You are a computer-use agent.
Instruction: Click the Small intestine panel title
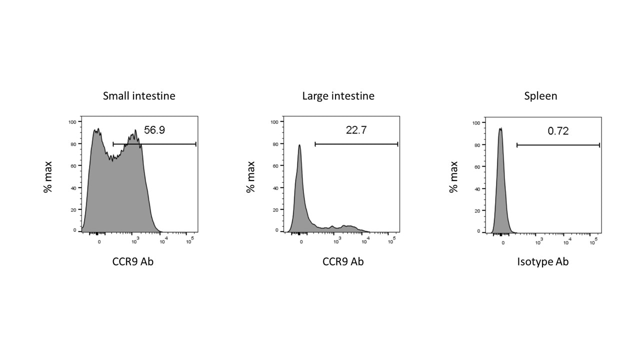139,96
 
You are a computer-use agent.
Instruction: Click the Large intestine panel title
338,96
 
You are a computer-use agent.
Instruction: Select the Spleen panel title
540,96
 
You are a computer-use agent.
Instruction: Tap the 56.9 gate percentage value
154,130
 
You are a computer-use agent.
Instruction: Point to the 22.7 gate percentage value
356,130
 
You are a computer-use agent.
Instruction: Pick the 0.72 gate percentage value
558,131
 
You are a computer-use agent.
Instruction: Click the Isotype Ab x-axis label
542,261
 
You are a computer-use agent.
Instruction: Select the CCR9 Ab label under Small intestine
133,261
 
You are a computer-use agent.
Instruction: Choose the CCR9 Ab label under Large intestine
343,261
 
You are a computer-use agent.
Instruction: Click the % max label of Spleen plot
453,176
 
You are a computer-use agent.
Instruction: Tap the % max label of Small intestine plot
48,176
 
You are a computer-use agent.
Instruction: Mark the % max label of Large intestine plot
251,176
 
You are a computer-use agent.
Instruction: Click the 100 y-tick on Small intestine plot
72,121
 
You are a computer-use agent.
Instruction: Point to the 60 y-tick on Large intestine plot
274,165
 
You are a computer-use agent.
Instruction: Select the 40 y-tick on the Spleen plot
476,188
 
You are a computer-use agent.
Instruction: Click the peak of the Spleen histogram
500,128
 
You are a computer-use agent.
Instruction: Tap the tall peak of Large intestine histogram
299,145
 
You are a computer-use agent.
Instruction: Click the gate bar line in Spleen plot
557,145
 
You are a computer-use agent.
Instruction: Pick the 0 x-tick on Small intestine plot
99,241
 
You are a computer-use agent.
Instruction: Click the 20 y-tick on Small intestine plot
73,209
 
